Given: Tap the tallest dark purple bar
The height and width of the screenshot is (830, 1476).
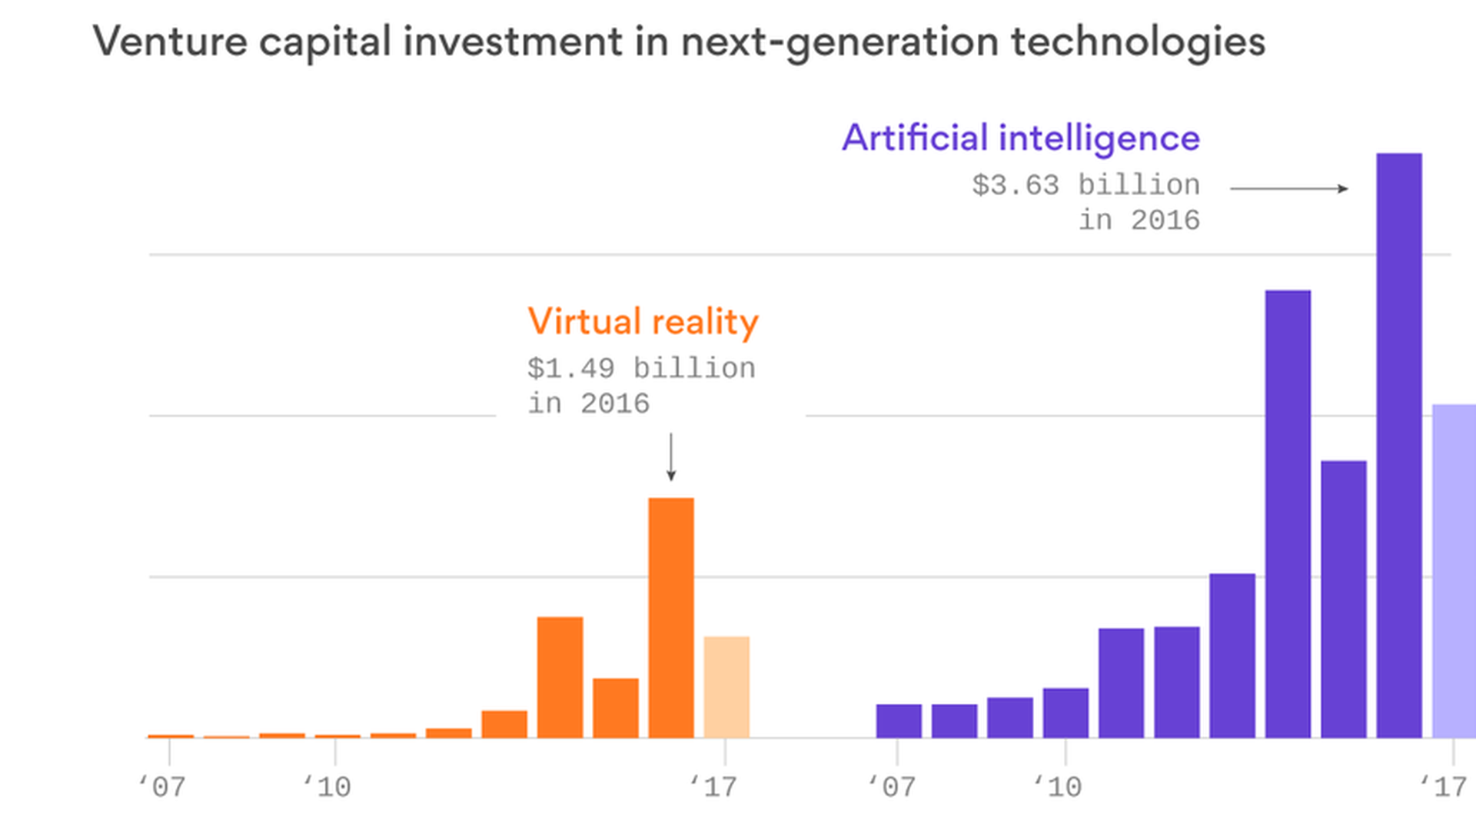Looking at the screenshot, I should tap(1399, 446).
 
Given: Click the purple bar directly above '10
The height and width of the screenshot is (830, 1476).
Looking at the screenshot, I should tap(1065, 712).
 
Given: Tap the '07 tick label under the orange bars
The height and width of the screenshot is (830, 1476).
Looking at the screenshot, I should tap(162, 787).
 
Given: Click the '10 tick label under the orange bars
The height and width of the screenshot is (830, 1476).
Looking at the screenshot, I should tap(327, 787).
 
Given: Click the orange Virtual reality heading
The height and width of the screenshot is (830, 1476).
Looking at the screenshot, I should tap(643, 321).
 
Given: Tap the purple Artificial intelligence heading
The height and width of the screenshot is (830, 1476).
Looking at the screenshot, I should tap(1021, 138).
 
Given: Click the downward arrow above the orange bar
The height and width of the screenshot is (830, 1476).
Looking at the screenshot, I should tap(671, 457).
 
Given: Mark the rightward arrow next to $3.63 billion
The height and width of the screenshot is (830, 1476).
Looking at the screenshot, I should tap(1289, 188).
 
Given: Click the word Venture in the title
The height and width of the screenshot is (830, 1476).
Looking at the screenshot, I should tap(170, 41).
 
